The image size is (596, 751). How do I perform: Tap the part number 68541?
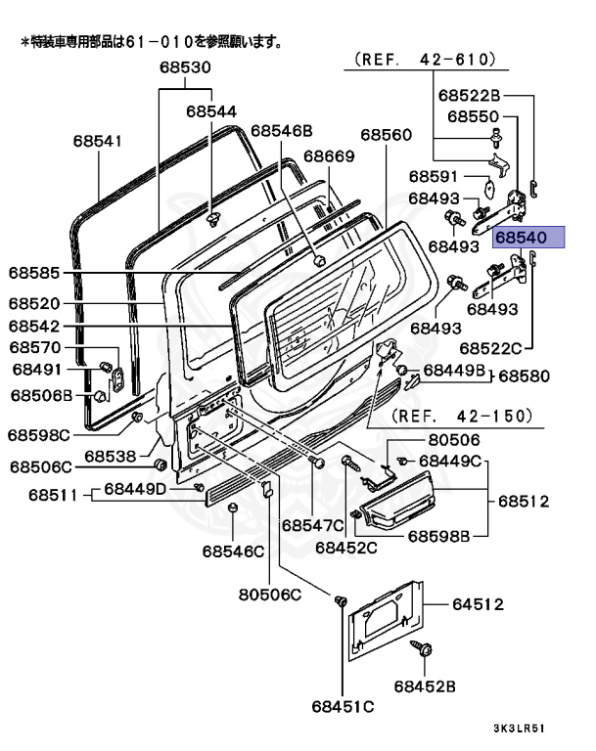pyautogui.click(x=97, y=141)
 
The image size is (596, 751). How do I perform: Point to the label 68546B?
pyautogui.click(x=281, y=130)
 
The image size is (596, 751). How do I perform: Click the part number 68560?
pyautogui.click(x=386, y=134)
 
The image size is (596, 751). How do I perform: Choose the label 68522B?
pyautogui.click(x=469, y=95)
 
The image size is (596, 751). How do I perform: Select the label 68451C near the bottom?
pyautogui.click(x=344, y=706)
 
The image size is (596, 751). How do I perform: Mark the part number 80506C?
pyautogui.click(x=270, y=594)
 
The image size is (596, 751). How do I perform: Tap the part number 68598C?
pyautogui.click(x=39, y=434)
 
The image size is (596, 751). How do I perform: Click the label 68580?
pyautogui.click(x=525, y=375)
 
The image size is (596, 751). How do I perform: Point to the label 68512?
pyautogui.click(x=524, y=502)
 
